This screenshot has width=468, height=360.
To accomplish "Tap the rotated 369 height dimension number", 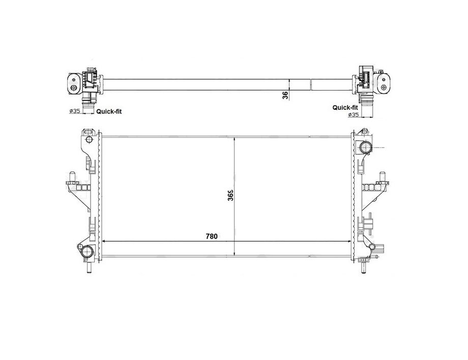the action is click(x=230, y=195).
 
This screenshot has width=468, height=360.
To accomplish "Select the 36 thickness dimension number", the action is click(x=285, y=95).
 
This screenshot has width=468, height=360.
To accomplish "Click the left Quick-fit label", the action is click(x=109, y=111).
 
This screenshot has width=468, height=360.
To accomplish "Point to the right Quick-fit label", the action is click(x=345, y=107).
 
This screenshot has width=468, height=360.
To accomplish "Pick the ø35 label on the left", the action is click(x=75, y=111).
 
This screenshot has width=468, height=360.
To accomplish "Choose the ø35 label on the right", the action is click(x=353, y=114).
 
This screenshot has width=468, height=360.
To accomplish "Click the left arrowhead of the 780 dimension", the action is click(x=104, y=242).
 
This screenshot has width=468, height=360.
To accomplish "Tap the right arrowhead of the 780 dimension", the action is click(x=348, y=242).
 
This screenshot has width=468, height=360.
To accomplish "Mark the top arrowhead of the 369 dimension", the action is click(x=235, y=140).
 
